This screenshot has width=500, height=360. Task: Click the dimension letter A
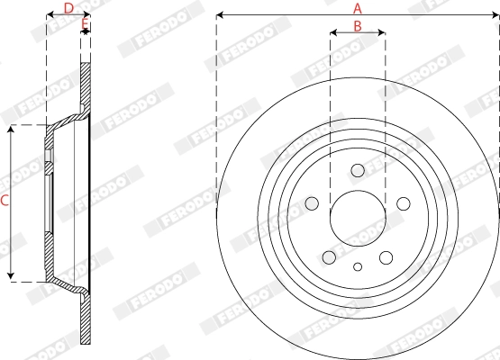[x=358, y=7]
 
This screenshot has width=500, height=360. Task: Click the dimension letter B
[x=358, y=26]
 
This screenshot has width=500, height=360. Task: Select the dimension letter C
[x=5, y=202]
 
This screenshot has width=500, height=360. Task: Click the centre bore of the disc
[x=358, y=217]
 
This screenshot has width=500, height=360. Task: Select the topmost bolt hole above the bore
[x=358, y=170]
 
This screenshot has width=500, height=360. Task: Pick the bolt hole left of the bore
[x=314, y=202]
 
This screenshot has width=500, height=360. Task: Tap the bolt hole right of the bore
[x=402, y=202]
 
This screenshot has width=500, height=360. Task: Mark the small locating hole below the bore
[x=358, y=265]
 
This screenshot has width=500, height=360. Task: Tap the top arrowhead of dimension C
[x=12, y=130]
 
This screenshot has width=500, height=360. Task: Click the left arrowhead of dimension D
[x=49, y=15]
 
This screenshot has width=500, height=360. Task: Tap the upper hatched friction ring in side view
[x=86, y=85]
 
